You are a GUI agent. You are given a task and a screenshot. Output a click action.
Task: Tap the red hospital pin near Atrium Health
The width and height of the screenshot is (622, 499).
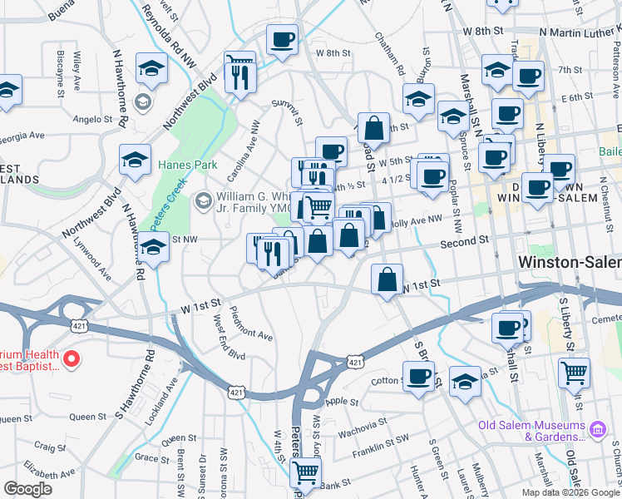[x=72, y=359]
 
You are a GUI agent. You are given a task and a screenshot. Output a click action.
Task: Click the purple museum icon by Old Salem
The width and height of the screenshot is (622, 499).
[x=597, y=429]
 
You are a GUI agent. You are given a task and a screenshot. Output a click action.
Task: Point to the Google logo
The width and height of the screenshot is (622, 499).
[x=28, y=489]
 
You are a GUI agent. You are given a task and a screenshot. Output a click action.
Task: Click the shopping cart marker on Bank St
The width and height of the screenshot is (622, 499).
[x=306, y=472]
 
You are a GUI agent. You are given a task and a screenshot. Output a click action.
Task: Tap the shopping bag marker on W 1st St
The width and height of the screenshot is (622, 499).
[x=387, y=280]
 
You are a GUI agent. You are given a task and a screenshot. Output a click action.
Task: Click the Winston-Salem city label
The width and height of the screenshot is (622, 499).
[x=569, y=261]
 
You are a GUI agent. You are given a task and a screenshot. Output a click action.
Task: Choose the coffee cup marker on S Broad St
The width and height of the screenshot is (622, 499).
[x=419, y=376]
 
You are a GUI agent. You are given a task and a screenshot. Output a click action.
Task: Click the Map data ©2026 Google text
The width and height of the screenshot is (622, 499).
[x=571, y=492]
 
